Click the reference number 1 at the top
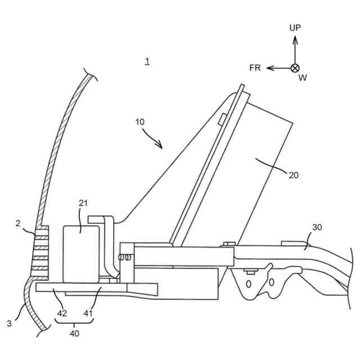(x=147, y=61)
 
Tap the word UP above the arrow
(x=295, y=28)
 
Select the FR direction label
(x=255, y=68)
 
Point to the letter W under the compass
(x=303, y=78)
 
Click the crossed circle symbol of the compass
(x=295, y=68)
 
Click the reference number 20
(x=294, y=175)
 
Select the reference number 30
(x=317, y=228)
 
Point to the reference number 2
(x=18, y=224)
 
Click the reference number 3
(x=10, y=323)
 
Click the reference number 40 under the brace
(x=74, y=334)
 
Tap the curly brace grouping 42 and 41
(x=74, y=323)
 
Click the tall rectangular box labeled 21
(x=81, y=253)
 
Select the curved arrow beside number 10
(x=152, y=138)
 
